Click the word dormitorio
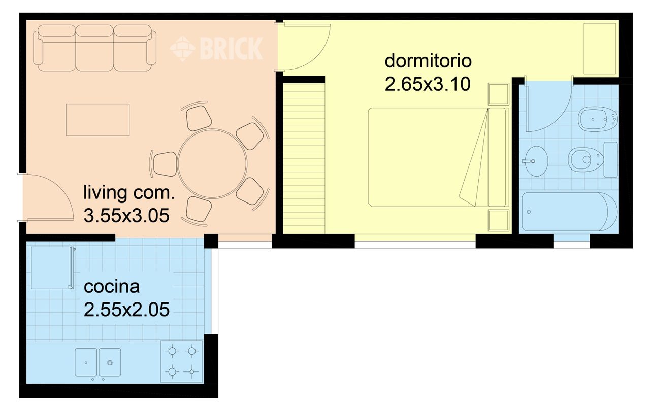428,61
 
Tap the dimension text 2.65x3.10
428,84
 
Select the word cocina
112,287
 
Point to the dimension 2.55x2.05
126,310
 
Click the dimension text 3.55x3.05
126,216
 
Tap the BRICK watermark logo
216,48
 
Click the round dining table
212,163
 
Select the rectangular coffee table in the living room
97,119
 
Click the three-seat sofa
95,48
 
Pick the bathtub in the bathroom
570,212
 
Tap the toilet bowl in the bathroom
592,159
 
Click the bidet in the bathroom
598,119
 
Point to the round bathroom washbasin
536,161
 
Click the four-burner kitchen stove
182,362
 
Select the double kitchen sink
98,362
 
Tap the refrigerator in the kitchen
52,267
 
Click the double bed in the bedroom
439,157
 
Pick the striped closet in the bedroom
304,158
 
